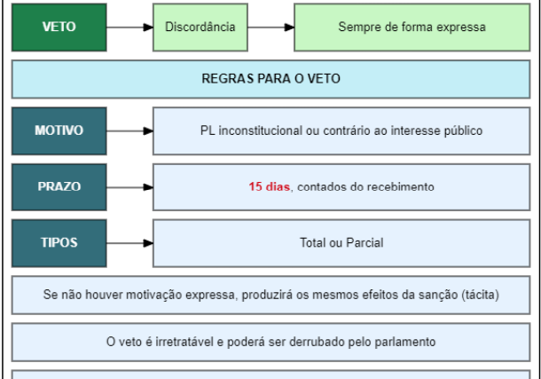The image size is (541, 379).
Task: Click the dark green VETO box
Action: click(59, 28)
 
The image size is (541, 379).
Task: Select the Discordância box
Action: click(200, 28)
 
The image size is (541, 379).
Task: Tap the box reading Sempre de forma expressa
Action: click(412, 28)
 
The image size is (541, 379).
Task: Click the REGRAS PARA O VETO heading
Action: click(270, 79)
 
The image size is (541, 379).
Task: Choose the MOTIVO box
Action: click(59, 130)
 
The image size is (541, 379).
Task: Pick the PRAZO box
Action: click(59, 187)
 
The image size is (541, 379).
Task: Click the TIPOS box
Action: click(59, 243)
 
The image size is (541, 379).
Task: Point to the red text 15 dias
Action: click(269, 186)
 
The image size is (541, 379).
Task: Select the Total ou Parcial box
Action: click(341, 243)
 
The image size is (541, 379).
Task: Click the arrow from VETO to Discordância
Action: click(129, 28)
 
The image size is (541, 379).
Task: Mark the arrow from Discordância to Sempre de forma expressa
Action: click(270, 28)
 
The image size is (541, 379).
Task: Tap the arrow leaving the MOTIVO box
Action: click(129, 130)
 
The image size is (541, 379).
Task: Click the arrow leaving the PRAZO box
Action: click(129, 187)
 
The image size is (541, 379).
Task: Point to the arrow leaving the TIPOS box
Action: click(129, 243)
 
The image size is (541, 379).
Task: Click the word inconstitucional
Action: click(261, 130)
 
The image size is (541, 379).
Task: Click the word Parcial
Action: click(365, 242)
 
